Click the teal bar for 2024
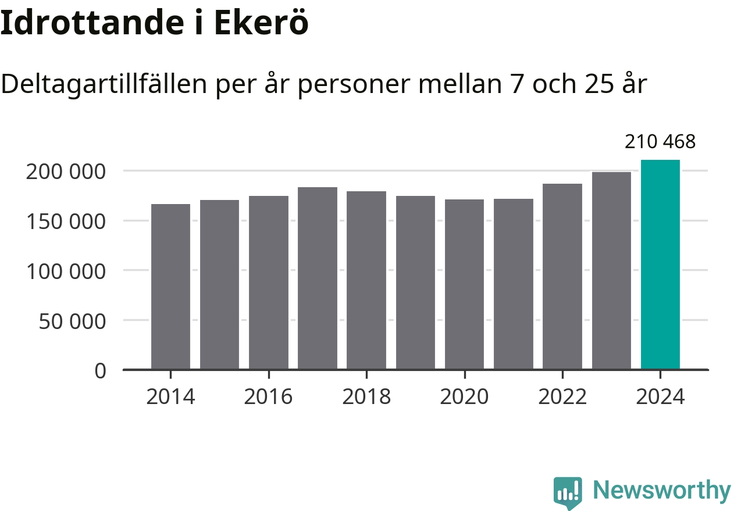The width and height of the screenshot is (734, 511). coord(660,265)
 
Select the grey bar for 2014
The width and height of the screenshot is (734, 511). coord(170,287)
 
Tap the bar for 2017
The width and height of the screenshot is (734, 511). coord(318,278)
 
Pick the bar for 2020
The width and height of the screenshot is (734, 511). coord(464,284)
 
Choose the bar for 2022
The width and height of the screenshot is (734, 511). coord(562,276)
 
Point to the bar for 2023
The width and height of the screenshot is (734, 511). coord(611,270)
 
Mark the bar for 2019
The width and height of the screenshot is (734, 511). coord(415,283)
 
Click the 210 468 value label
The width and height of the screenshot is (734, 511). coord(660,141)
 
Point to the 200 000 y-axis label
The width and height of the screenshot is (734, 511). coord(66,171)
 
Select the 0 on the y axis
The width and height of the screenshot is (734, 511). coord(101,371)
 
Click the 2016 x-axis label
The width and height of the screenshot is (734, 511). coord(268,397)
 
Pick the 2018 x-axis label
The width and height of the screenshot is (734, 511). coord(366,397)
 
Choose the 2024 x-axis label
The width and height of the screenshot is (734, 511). coord(660,397)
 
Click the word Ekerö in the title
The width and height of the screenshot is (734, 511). coord(261,23)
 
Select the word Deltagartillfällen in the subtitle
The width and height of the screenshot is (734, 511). coord(104,85)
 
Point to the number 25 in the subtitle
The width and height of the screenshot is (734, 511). coord(596,85)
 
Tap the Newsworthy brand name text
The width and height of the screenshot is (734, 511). coord(662,491)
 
